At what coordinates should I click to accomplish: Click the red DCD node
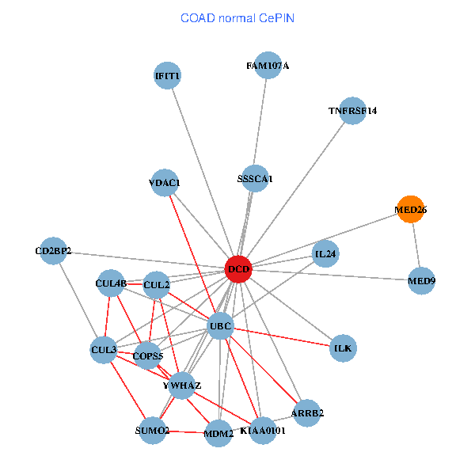238,270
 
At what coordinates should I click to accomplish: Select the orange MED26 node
410,210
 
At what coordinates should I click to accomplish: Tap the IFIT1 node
168,76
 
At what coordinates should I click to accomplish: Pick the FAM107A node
268,66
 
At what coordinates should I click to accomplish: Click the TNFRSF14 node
353,112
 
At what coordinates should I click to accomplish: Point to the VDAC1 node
165,183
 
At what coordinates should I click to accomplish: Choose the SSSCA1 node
255,179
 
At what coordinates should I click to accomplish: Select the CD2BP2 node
53,252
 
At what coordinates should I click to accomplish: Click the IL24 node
325,254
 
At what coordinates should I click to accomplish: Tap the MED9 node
421,280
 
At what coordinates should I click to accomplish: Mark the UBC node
220,326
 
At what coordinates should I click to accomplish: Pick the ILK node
343,348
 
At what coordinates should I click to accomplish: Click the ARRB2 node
307,412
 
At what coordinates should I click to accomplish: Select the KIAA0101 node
263,431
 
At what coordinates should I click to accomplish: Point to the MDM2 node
218,434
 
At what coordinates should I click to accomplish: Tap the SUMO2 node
152,431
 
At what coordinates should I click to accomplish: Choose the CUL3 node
104,349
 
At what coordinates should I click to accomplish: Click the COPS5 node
148,356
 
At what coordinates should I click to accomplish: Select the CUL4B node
111,283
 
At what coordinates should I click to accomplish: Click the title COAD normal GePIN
237,17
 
